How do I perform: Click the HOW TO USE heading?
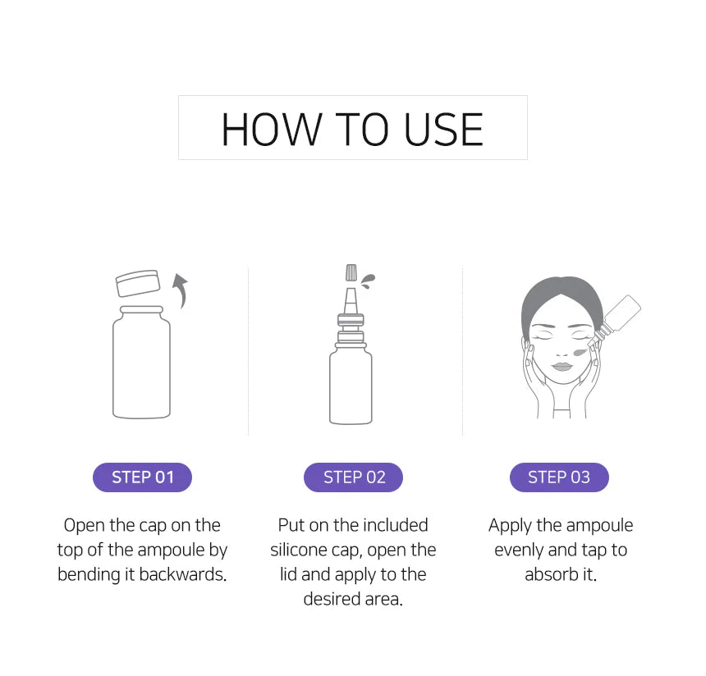(x=352, y=130)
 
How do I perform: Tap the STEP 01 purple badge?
(x=142, y=477)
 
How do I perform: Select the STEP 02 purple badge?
(x=354, y=477)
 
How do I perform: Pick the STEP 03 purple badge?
(x=559, y=477)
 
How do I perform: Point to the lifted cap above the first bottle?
(x=138, y=283)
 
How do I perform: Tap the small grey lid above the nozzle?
(x=351, y=272)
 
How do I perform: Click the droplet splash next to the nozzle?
(x=369, y=281)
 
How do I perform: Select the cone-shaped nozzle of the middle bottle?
(x=351, y=300)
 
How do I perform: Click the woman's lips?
(x=562, y=367)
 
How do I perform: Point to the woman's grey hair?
(x=561, y=297)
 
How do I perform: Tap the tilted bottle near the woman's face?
(x=616, y=319)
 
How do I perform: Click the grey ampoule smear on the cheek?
(x=580, y=351)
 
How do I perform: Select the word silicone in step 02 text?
(x=299, y=550)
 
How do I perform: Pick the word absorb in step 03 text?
(x=552, y=575)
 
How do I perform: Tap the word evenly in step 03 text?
(x=519, y=550)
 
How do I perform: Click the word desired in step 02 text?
(x=332, y=599)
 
